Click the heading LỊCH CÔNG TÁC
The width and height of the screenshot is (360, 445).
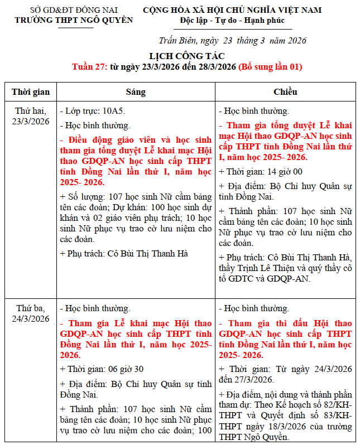[x=186, y=56]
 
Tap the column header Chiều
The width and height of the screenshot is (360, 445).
[x=285, y=91]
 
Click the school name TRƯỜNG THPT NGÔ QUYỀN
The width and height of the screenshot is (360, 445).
[x=74, y=20]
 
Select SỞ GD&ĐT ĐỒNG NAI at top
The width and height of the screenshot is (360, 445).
[x=74, y=10]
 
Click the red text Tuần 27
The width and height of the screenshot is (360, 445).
[x=89, y=67]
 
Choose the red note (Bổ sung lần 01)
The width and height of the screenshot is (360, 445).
[x=270, y=67]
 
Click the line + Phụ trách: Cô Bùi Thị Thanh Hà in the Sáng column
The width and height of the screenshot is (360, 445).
[x=123, y=253]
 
